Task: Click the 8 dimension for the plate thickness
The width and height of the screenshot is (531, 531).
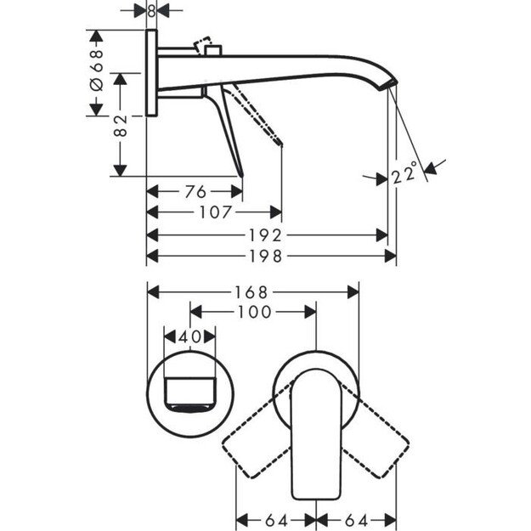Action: [152, 11]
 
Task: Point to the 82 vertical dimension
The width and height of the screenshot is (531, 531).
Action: [121, 126]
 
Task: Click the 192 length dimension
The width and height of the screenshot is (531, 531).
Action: [268, 234]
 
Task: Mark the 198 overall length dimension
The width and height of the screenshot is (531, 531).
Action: [268, 255]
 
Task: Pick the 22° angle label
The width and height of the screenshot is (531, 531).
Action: [404, 176]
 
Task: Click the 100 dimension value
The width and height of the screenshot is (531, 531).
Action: [252, 313]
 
